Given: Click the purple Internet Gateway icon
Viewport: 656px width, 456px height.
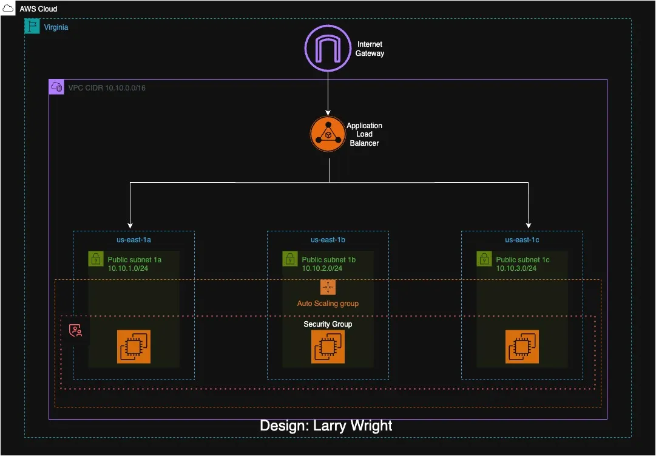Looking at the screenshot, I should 328,49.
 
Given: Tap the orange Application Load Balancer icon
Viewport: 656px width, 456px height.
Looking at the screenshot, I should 328,134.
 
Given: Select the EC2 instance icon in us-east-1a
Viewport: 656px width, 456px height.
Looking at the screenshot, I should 134,347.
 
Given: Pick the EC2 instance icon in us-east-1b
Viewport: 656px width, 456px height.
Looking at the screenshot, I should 328,347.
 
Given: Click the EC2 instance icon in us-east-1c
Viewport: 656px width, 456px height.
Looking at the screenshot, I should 522,347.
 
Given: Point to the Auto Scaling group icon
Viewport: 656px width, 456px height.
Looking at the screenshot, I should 328,287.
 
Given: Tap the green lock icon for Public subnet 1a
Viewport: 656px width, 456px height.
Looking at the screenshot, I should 96,259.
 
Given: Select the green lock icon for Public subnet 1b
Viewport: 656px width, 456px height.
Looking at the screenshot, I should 290,259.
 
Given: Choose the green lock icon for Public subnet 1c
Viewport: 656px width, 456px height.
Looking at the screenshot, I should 484,259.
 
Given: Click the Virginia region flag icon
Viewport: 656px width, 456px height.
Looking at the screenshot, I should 32,26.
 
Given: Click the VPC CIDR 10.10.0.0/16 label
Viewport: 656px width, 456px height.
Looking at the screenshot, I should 107,88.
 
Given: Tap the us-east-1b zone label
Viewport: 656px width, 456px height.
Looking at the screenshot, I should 328,240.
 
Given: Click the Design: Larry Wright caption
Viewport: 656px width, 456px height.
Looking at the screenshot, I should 326,426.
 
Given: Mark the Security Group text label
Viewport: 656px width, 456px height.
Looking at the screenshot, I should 328,324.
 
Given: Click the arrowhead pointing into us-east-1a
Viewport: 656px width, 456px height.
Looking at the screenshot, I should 130,224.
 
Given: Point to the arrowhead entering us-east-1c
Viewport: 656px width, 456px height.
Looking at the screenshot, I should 529,224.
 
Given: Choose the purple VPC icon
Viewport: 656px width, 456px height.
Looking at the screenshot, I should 56,87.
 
